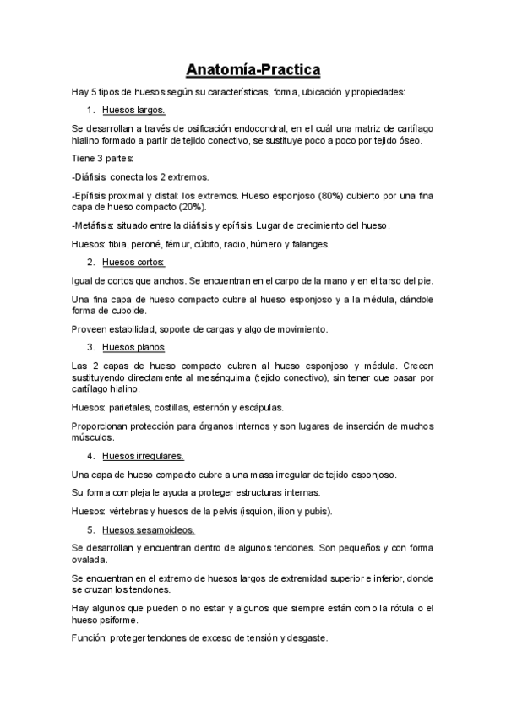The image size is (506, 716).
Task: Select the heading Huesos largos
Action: click(x=133, y=110)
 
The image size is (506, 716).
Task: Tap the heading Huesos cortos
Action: click(x=133, y=263)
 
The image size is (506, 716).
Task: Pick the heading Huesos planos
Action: click(x=133, y=347)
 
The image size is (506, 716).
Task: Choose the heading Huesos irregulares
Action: click(x=143, y=456)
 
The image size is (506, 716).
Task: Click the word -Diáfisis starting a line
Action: click(x=90, y=176)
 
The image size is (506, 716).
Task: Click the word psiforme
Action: click(x=129, y=620)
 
